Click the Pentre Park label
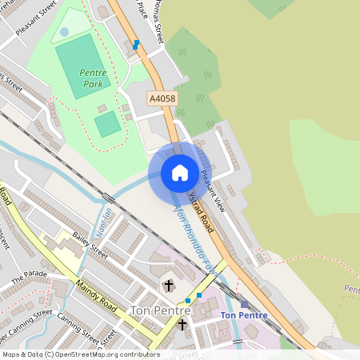(93, 77)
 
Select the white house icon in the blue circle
(179, 173)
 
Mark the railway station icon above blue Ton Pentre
(244, 304)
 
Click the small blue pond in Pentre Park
(64, 31)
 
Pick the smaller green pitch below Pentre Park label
(107, 124)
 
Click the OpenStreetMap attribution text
(80, 354)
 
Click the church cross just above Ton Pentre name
(168, 286)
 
